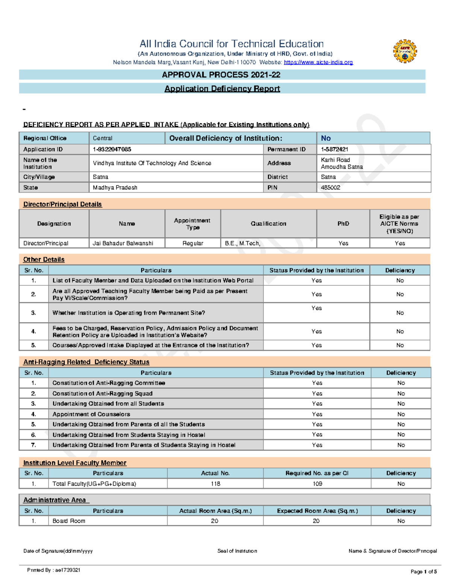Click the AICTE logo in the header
coord(405,51)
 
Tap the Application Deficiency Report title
coord(222,89)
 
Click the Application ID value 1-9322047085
coord(112,149)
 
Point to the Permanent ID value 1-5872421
coord(334,149)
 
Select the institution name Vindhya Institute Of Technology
coord(152,163)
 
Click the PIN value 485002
coord(330,187)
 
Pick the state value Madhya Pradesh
coord(115,187)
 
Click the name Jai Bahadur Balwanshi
coord(123,243)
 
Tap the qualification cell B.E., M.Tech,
coord(242,243)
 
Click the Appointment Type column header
coord(192,224)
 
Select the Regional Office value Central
coord(103,138)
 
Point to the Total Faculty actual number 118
coord(215,484)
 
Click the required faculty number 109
coord(317,484)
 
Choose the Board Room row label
coord(69,521)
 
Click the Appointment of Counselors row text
coord(91,414)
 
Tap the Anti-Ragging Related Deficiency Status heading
coord(86,362)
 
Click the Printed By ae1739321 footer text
coord(54,570)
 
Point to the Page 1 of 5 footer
coord(424,572)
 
